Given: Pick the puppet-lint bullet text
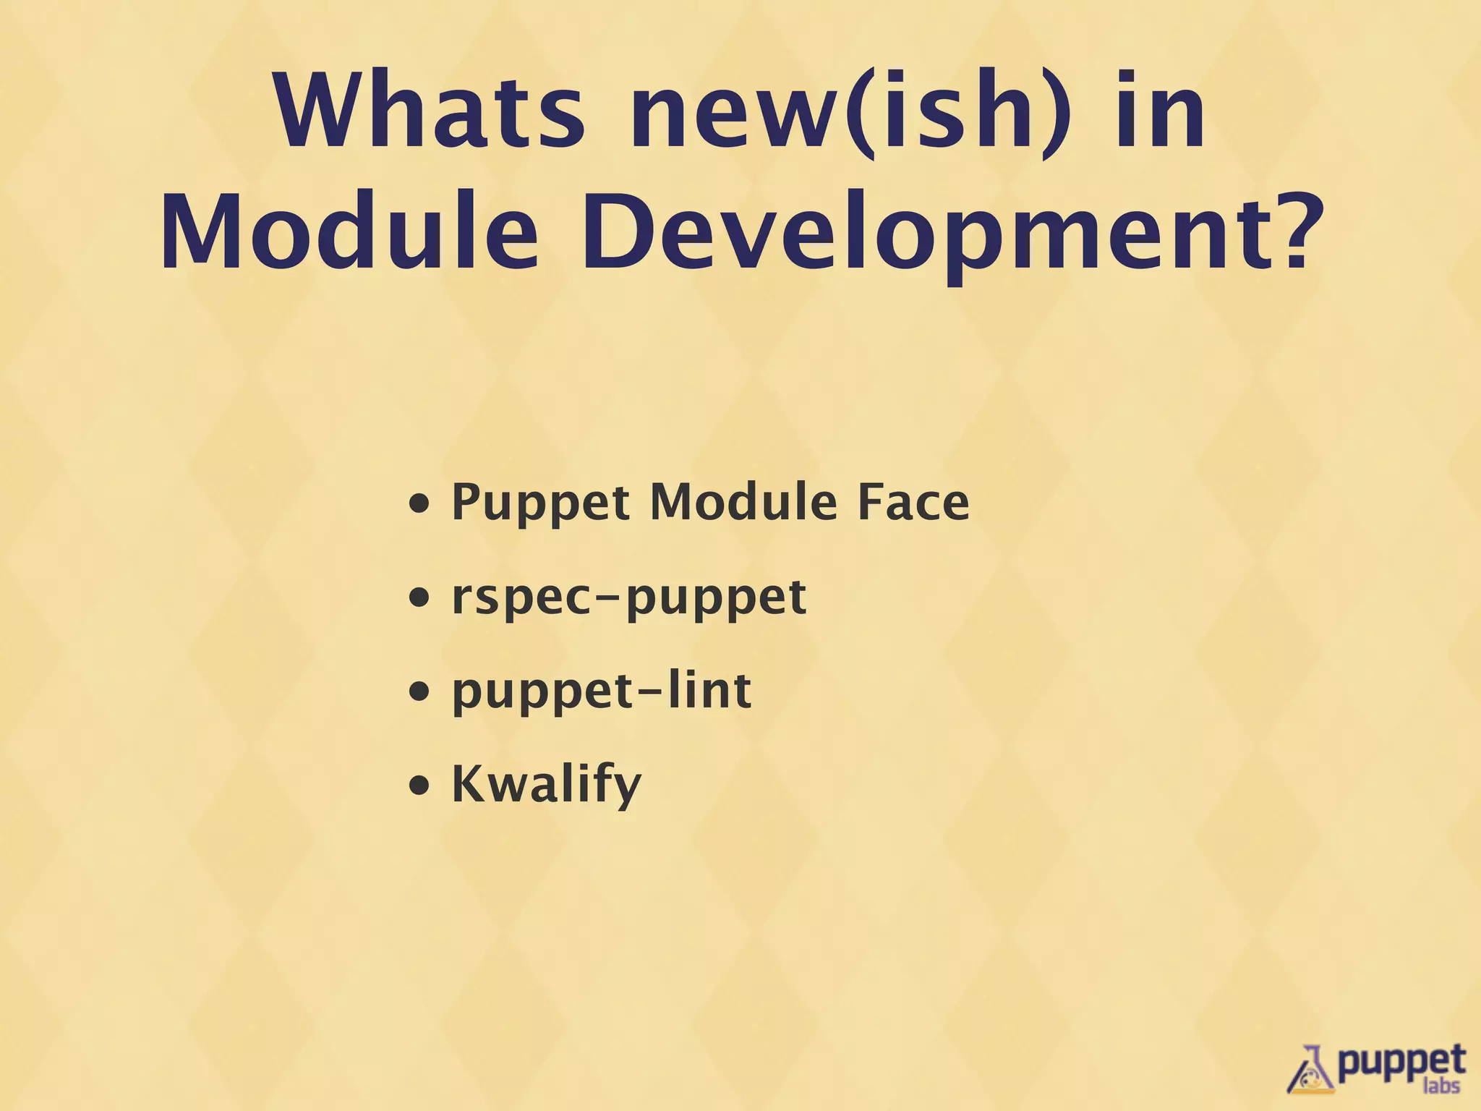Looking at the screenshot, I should [601, 691].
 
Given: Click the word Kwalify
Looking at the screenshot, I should [546, 786].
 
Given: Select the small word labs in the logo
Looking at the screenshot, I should [1441, 1086].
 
